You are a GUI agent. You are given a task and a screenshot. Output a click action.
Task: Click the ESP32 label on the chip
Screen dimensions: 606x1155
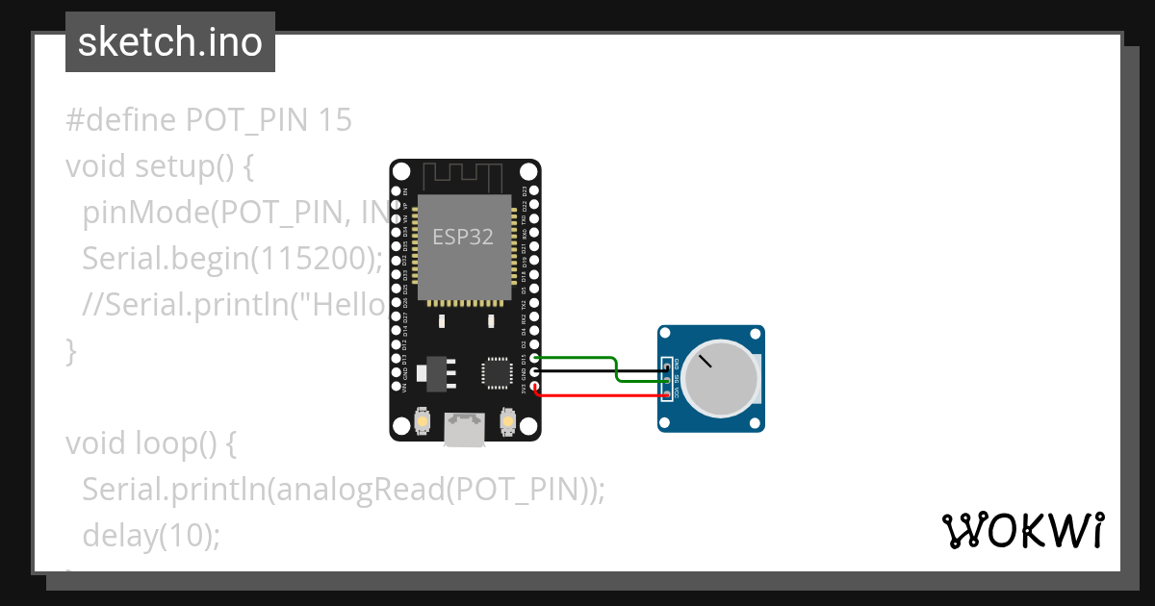click(463, 237)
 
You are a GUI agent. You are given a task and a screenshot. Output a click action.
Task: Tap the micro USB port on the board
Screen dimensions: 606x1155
click(465, 428)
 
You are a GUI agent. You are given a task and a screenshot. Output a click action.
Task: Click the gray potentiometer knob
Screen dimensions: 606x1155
click(723, 378)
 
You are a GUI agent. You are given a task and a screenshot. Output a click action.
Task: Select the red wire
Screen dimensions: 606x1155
click(597, 394)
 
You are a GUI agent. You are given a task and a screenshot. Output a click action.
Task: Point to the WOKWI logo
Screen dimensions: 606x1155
click(1022, 530)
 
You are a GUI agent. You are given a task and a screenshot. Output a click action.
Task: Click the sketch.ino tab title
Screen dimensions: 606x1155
click(170, 42)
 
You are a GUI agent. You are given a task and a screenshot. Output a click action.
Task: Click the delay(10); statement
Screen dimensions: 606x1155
click(151, 535)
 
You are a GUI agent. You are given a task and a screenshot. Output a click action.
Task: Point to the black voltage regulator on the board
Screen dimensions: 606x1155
click(435, 372)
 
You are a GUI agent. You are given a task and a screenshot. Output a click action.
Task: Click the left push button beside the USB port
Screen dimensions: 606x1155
click(421, 420)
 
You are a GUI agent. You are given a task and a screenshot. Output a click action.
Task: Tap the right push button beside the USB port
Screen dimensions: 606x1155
click(509, 420)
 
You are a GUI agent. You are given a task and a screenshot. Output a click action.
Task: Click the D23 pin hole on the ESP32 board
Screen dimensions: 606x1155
click(534, 191)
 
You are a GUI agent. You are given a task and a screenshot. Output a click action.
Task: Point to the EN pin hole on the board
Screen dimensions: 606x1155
click(396, 191)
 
